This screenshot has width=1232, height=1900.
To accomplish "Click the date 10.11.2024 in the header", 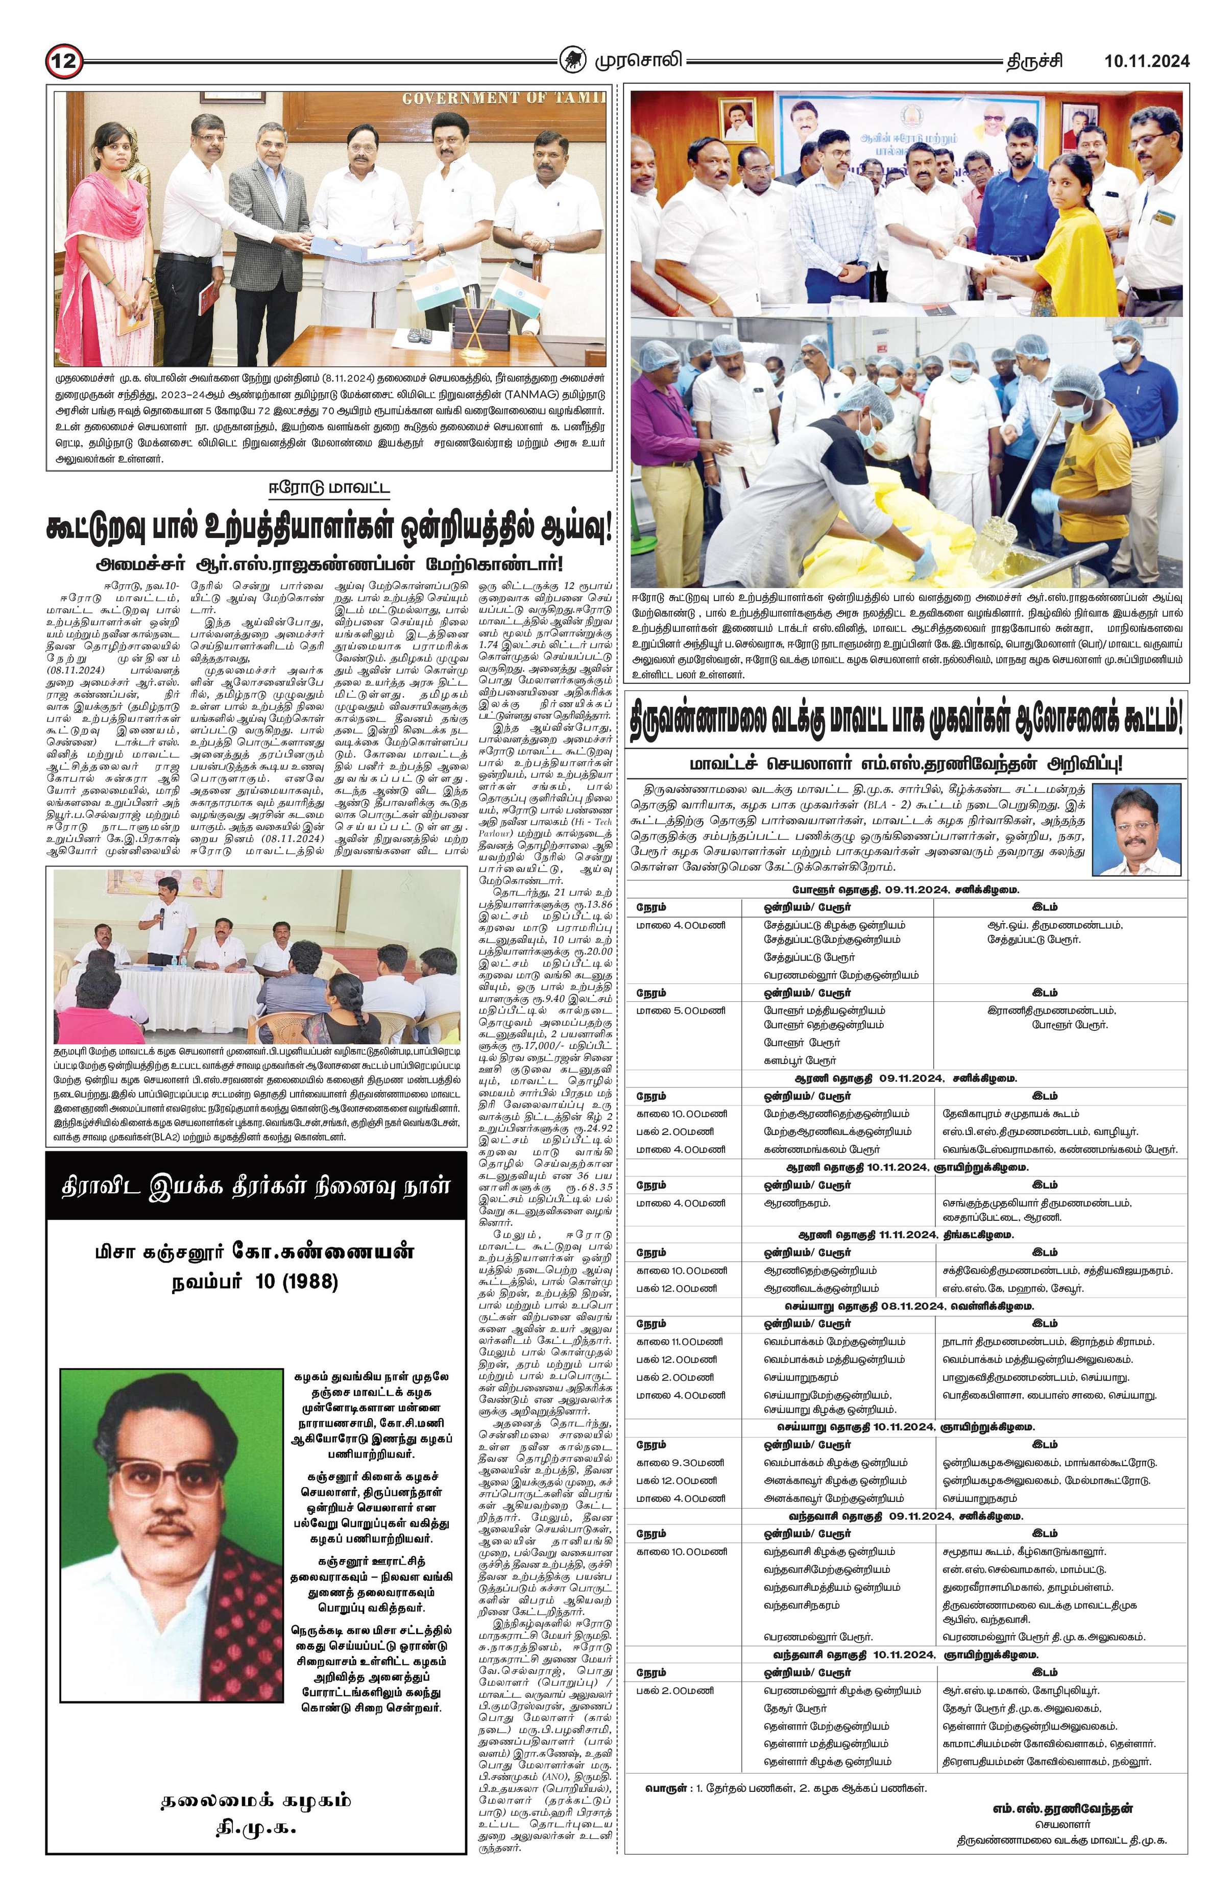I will pos(1147,61).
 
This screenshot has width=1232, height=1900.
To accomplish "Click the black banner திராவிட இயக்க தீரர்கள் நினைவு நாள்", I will pos(255,1186).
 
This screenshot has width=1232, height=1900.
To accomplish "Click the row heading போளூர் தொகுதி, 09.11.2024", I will pos(905,889).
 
